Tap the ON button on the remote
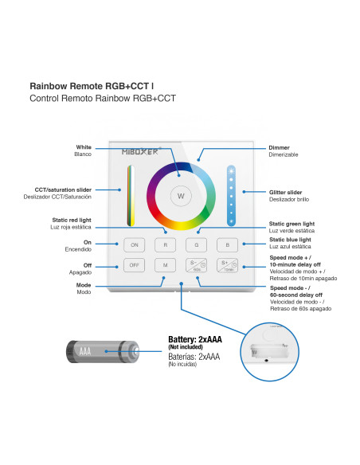click(135, 245)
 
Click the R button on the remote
click(165, 245)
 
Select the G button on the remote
click(196, 245)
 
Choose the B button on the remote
click(228, 245)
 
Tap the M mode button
click(165, 265)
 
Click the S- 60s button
click(196, 265)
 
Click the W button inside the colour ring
click(181, 196)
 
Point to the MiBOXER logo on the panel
click(140, 151)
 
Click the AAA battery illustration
click(103, 351)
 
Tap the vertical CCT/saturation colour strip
click(131, 196)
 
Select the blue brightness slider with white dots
click(231, 196)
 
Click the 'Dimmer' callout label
click(279, 147)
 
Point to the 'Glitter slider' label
click(285, 193)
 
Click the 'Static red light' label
click(72, 220)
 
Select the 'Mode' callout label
click(84, 285)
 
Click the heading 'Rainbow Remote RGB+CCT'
click(89, 86)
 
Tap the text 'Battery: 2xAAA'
click(195, 339)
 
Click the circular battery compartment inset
click(269, 352)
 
